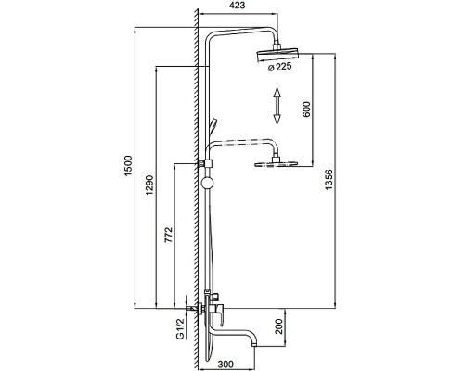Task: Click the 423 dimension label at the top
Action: click(x=238, y=6)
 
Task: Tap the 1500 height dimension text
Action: click(x=128, y=165)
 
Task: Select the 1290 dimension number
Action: click(x=149, y=185)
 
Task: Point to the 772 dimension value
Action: click(x=168, y=235)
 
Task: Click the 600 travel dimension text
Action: click(x=306, y=109)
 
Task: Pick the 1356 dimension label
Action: click(x=329, y=180)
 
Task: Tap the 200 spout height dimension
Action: click(x=279, y=326)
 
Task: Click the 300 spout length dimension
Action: click(x=226, y=365)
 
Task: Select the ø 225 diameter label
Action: click(x=279, y=67)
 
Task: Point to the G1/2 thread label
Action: click(x=180, y=328)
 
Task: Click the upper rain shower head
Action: click(x=277, y=55)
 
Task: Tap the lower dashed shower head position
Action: click(x=277, y=163)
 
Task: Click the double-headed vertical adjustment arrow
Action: click(x=277, y=106)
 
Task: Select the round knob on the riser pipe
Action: click(x=207, y=183)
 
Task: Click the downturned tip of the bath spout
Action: click(x=254, y=343)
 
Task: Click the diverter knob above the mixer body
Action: click(x=213, y=297)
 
